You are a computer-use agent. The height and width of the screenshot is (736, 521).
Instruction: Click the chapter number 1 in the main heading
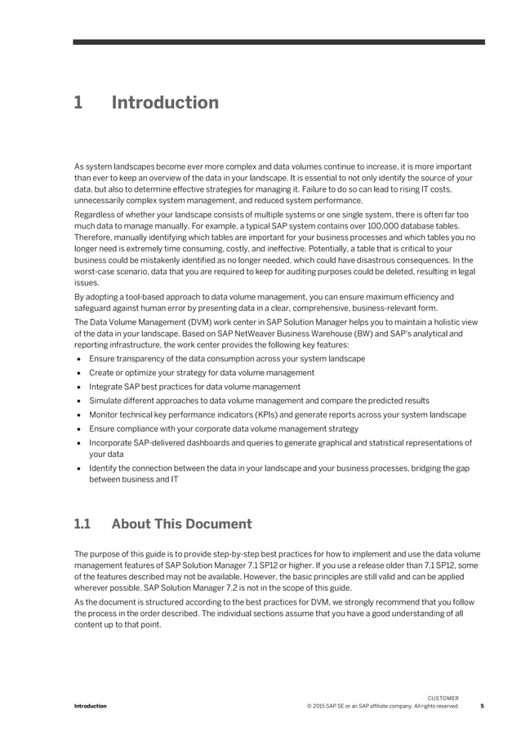click(78, 103)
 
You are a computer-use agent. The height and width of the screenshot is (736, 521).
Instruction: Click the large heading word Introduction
click(165, 103)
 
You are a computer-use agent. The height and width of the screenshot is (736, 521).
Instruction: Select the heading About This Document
click(181, 524)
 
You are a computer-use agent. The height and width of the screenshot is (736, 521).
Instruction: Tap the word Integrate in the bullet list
click(106, 387)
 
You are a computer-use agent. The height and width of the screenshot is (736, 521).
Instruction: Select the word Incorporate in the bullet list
click(112, 442)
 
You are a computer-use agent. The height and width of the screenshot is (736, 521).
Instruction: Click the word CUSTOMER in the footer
click(443, 698)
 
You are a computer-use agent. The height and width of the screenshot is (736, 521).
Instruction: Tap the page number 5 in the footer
click(482, 706)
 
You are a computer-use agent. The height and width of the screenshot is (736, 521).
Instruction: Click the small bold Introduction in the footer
click(91, 706)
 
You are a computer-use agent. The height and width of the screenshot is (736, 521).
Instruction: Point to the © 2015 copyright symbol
click(309, 706)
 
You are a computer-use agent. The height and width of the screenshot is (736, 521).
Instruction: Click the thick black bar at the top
click(278, 42)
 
